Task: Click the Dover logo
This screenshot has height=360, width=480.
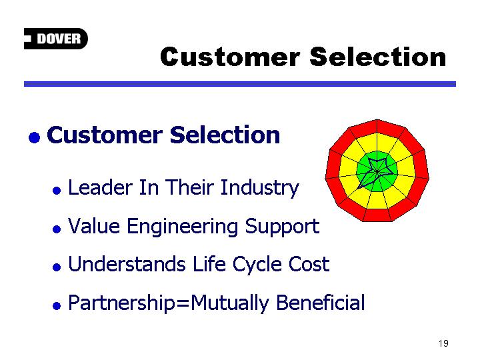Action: click(56, 39)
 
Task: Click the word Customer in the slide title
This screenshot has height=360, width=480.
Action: click(230, 57)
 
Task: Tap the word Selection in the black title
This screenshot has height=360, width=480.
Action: click(378, 57)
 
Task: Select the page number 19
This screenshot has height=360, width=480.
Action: click(443, 343)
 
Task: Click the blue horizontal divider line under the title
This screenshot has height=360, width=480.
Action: click(240, 84)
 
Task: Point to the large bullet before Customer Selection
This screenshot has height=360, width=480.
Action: click(34, 137)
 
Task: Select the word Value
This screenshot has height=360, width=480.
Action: click(94, 226)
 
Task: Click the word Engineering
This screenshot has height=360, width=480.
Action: click(183, 227)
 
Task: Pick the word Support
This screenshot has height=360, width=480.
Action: click(282, 227)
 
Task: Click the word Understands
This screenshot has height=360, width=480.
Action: click(127, 264)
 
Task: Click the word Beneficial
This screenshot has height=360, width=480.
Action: click(320, 302)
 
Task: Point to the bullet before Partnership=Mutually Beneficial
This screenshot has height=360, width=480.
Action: click(57, 305)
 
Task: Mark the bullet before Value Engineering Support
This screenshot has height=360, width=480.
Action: click(57, 229)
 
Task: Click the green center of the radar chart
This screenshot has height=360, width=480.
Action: click(377, 171)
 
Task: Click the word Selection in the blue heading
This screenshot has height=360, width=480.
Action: click(225, 135)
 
